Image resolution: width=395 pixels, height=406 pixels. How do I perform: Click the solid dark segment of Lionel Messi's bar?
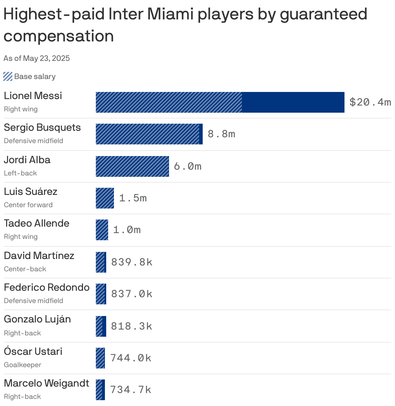pos(293,102)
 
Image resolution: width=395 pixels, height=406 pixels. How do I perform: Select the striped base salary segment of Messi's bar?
pos(169,102)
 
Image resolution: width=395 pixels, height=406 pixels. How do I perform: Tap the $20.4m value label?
pos(370,102)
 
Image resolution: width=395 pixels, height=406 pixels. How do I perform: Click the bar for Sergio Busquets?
pos(149,134)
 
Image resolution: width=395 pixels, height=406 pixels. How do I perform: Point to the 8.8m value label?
pos(221,134)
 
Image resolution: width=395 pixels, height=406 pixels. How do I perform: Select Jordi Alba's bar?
pos(132,166)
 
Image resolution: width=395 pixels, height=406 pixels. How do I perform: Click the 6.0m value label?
pos(188,166)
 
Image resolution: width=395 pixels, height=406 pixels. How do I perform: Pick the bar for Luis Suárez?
pos(105,198)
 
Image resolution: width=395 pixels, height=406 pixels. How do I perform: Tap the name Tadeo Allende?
pos(37,223)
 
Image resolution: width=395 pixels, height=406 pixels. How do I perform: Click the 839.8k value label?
pos(132,262)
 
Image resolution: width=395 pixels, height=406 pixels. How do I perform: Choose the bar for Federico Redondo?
pos(101,294)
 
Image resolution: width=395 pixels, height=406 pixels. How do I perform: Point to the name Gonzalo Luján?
pos(37,319)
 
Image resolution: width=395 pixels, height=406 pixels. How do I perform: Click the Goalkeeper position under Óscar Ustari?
pos(23,365)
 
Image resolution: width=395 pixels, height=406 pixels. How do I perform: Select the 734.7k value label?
pos(131,389)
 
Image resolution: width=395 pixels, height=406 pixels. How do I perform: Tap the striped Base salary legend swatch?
pos(8,77)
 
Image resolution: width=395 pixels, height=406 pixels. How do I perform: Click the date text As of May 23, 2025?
pos(37,58)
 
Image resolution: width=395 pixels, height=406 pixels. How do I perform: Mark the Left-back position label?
pos(20,173)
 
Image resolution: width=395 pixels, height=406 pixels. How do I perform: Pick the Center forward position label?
pos(28,205)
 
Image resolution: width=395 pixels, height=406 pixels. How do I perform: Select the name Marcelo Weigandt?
pos(46,383)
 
